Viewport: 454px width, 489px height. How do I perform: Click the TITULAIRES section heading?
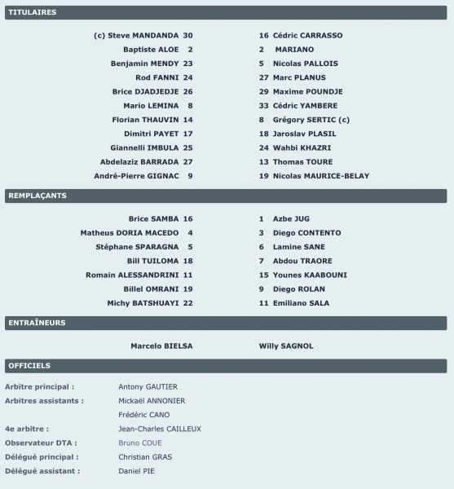coord(32,13)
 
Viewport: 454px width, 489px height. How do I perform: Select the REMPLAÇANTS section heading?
coord(37,196)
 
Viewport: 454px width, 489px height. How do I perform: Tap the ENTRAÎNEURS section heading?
coord(37,323)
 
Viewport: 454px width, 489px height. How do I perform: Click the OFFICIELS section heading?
coord(29,365)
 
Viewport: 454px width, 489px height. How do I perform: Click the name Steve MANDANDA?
coord(143,36)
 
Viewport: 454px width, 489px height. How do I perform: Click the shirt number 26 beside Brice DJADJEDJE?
coord(187,92)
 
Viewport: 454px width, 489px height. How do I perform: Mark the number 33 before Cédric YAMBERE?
coord(263,106)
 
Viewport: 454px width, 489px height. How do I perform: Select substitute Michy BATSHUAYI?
coord(143,303)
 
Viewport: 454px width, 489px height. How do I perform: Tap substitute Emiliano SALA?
coord(294,303)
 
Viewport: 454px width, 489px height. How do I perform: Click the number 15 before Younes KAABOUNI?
coord(263,275)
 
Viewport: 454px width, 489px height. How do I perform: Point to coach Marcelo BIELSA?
coord(161,346)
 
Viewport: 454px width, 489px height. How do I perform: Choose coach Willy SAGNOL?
coord(286,346)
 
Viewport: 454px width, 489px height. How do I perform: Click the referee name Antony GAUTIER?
coord(148,386)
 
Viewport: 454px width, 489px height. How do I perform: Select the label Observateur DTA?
coord(42,443)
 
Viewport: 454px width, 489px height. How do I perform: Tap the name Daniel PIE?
coord(136,471)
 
